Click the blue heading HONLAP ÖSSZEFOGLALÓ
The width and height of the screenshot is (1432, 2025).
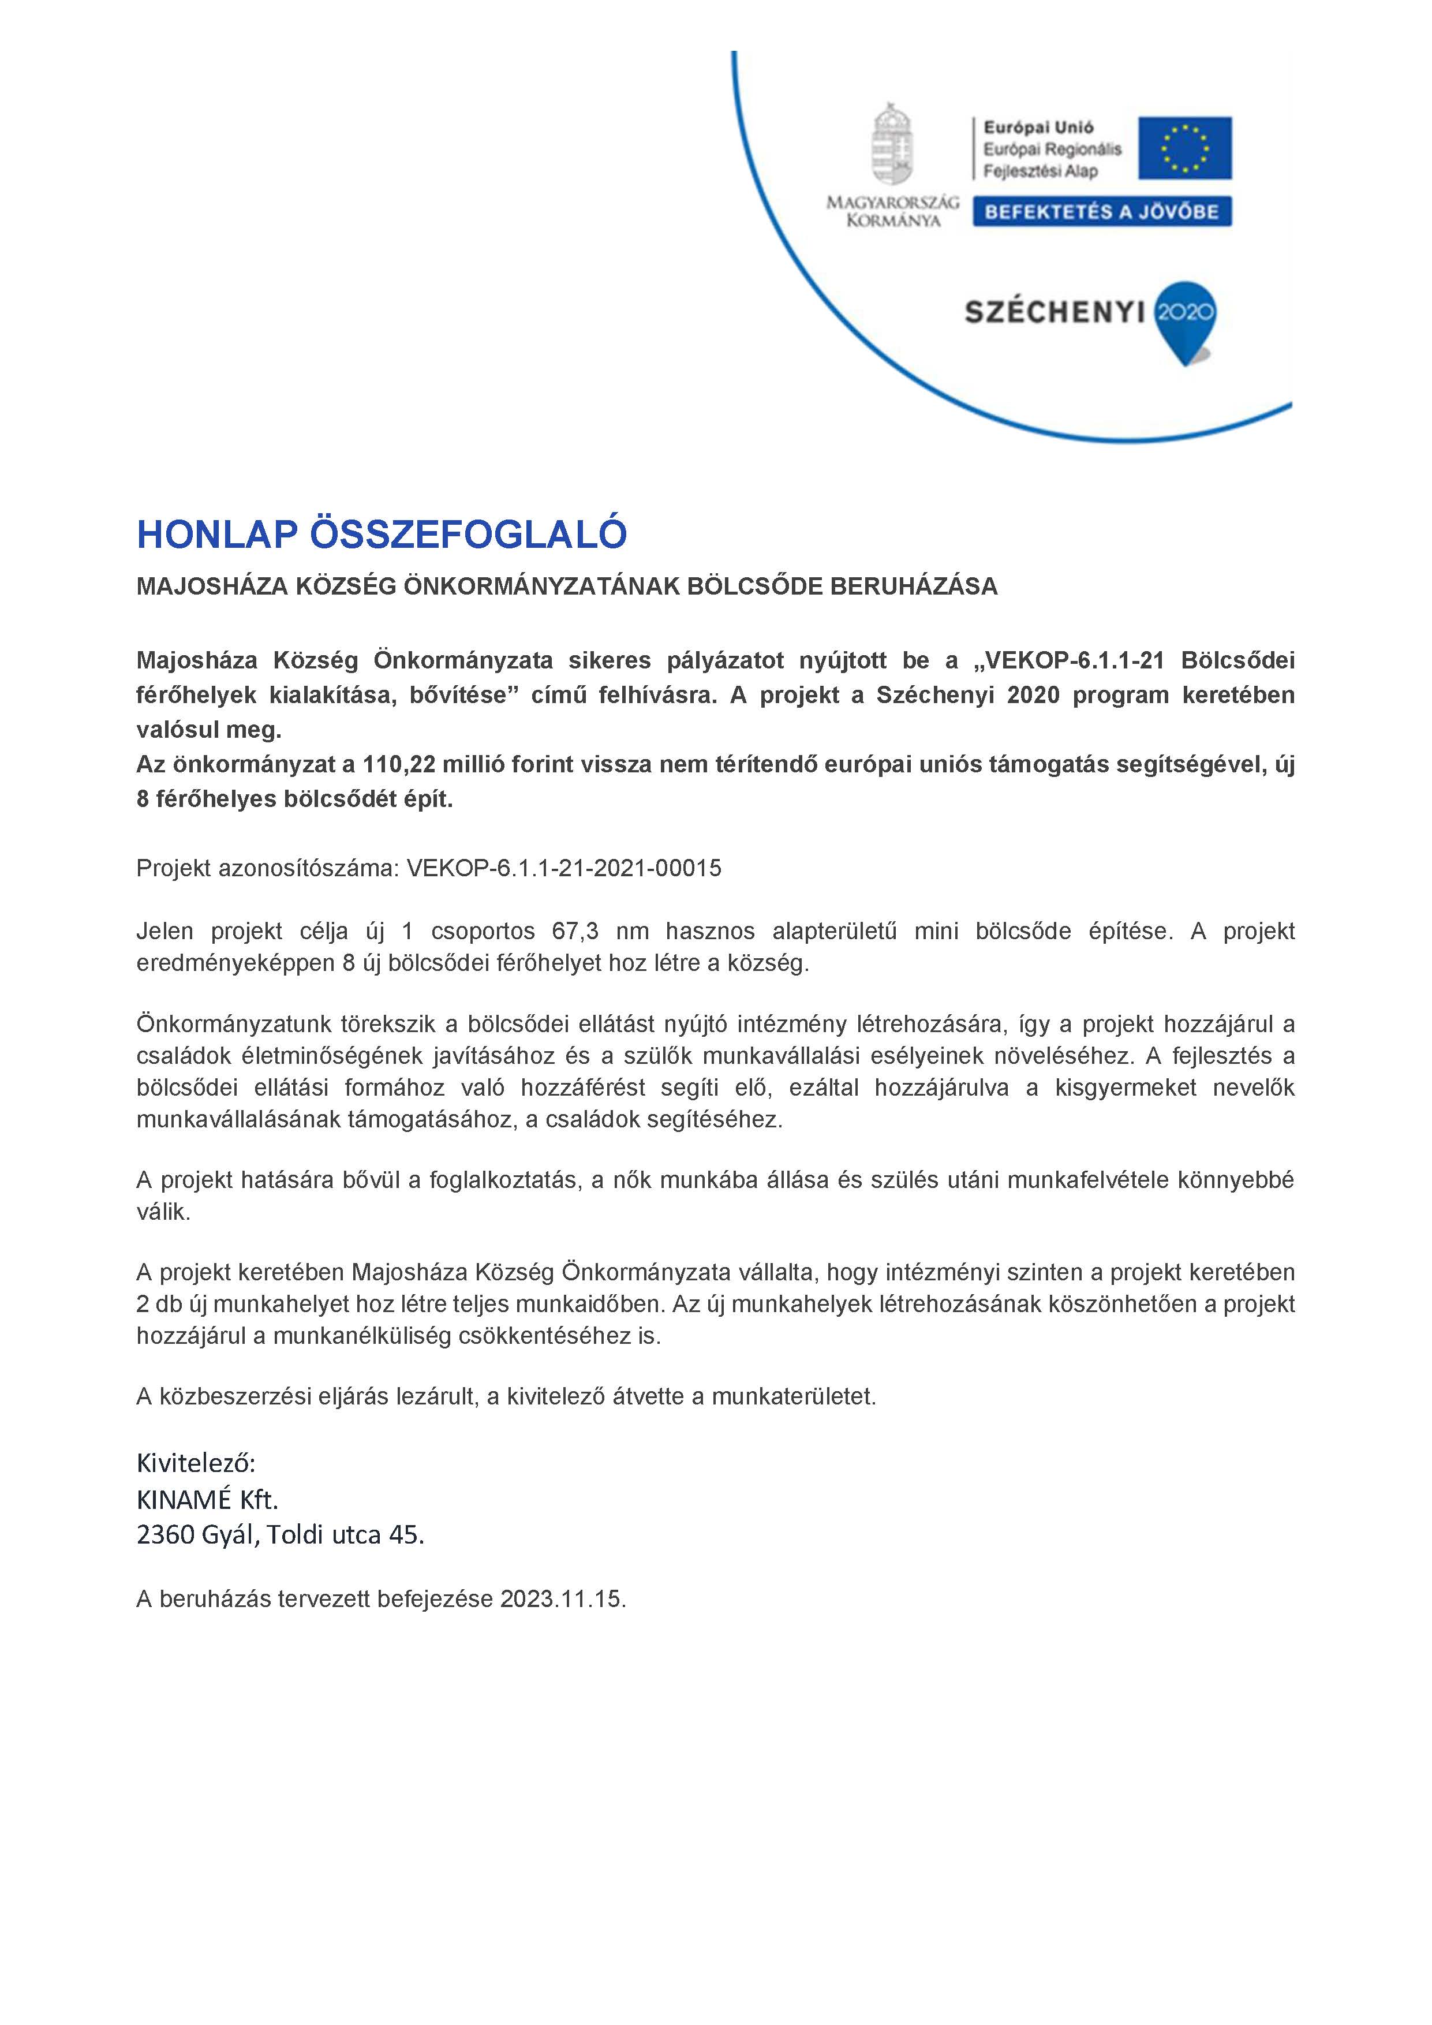pyautogui.click(x=381, y=535)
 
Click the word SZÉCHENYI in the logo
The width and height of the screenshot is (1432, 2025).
pyautogui.click(x=1054, y=312)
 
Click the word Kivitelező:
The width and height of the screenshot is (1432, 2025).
pyautogui.click(x=196, y=1464)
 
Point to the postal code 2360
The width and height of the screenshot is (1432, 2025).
pyautogui.click(x=165, y=1535)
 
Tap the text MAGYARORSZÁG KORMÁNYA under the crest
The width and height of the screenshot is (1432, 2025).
pyautogui.click(x=892, y=212)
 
